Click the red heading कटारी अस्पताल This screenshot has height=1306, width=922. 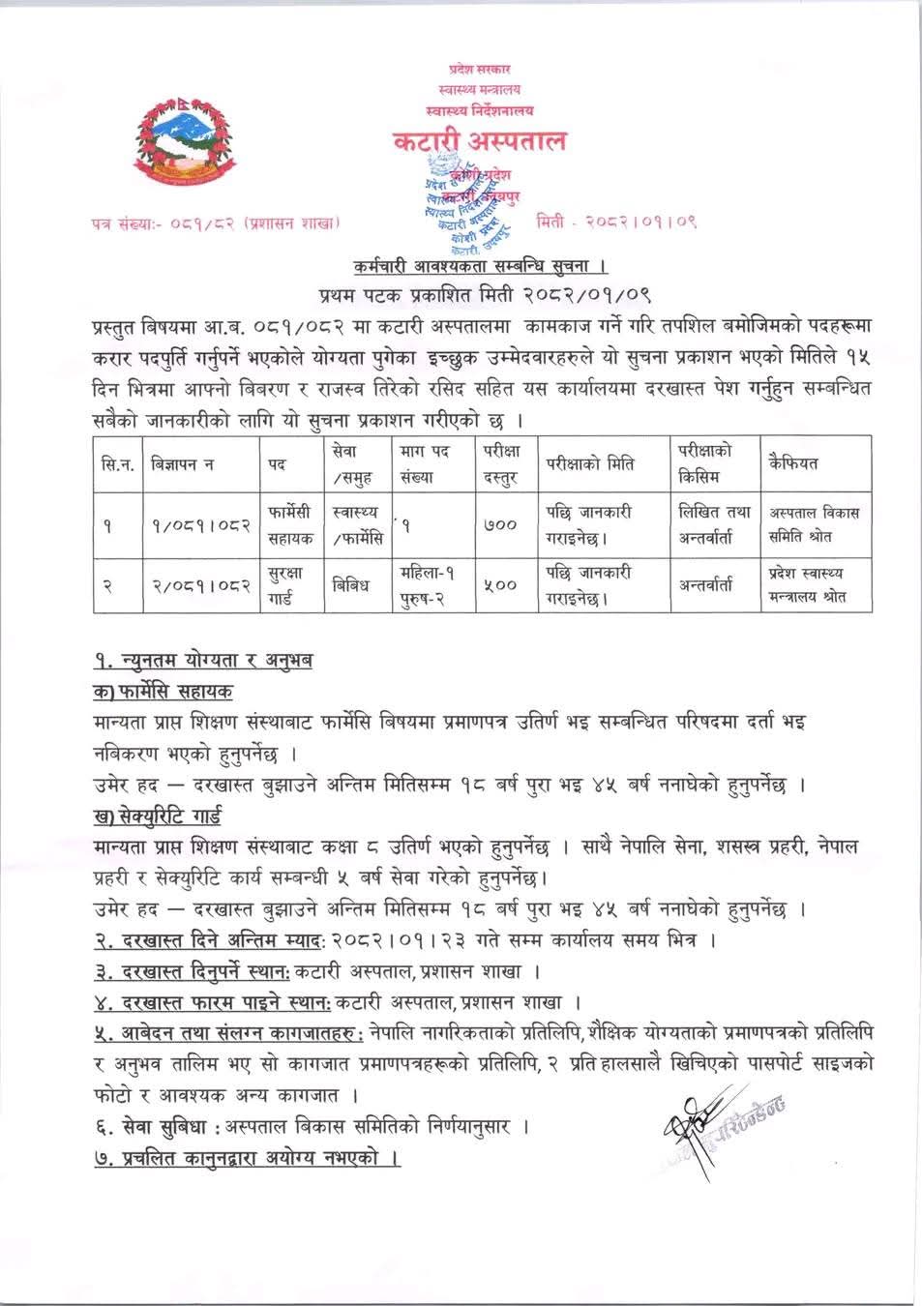[479, 141]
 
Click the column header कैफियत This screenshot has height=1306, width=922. [792, 463]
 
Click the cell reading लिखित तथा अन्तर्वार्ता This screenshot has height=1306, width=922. [711, 522]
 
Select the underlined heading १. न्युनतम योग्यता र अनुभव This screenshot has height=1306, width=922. [203, 662]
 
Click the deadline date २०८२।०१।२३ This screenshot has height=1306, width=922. [382, 939]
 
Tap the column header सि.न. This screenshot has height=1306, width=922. [117, 463]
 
